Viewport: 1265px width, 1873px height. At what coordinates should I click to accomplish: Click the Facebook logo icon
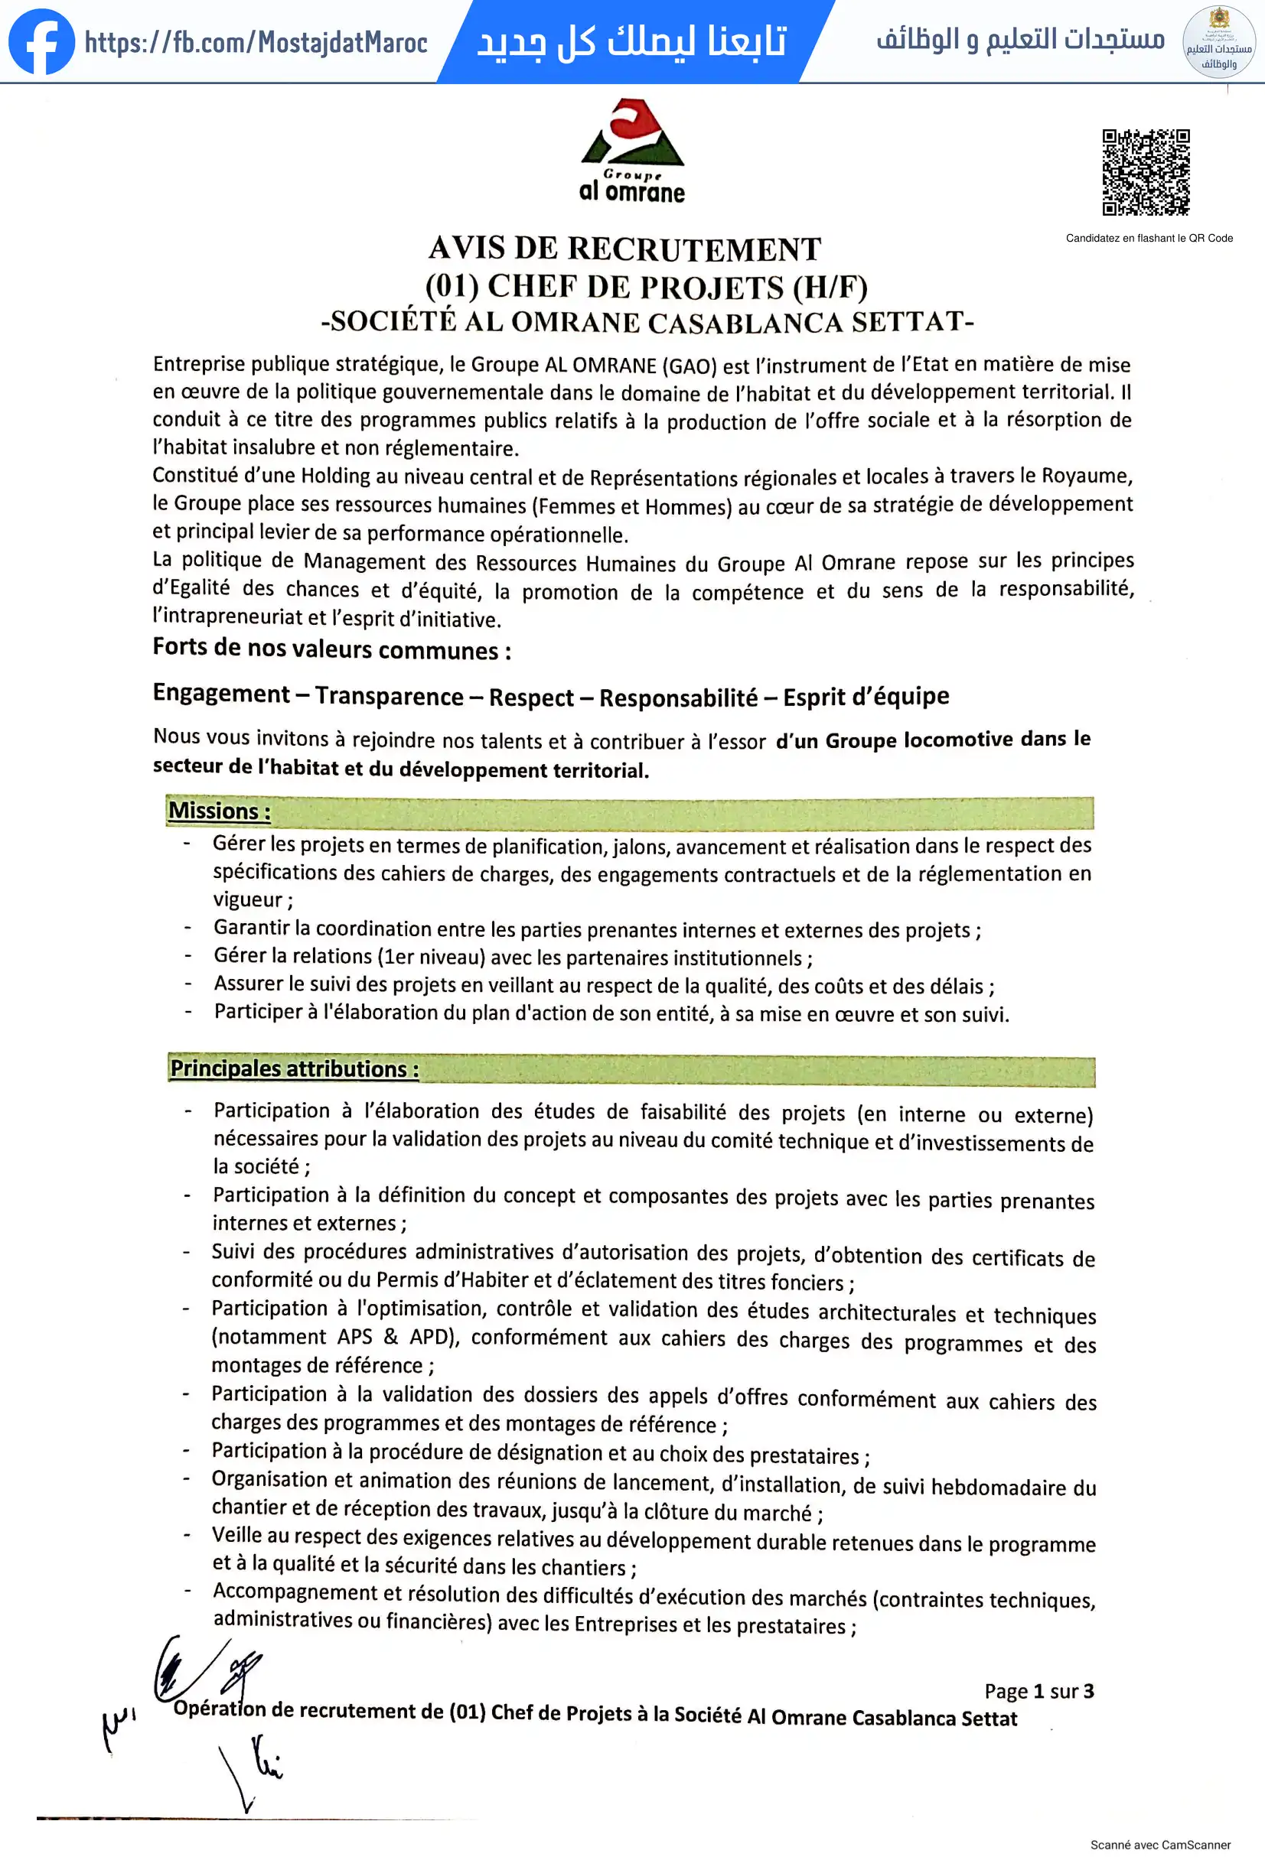click(41, 42)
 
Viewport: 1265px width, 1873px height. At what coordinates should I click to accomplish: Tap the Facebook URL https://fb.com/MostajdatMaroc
click(256, 43)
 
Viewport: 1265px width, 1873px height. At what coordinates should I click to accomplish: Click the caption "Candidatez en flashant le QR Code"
click(1149, 238)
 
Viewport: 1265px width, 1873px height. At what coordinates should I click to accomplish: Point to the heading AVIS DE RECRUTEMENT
click(624, 249)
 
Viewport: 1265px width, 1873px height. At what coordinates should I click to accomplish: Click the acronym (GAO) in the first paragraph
click(689, 366)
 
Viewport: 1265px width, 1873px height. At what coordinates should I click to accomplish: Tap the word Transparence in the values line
click(389, 696)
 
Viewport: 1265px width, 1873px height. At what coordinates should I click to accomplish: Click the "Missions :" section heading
click(220, 811)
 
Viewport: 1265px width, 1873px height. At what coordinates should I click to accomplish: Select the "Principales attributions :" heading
click(295, 1068)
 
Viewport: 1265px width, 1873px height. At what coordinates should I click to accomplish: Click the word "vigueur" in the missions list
click(247, 900)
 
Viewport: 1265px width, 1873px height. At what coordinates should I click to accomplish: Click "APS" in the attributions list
click(355, 1337)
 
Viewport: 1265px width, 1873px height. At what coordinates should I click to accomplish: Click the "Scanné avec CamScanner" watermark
click(1160, 1845)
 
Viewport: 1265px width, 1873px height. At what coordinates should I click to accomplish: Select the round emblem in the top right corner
click(1218, 42)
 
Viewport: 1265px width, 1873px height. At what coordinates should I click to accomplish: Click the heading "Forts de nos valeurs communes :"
click(331, 649)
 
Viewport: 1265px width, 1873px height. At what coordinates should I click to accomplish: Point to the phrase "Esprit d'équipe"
click(866, 696)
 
